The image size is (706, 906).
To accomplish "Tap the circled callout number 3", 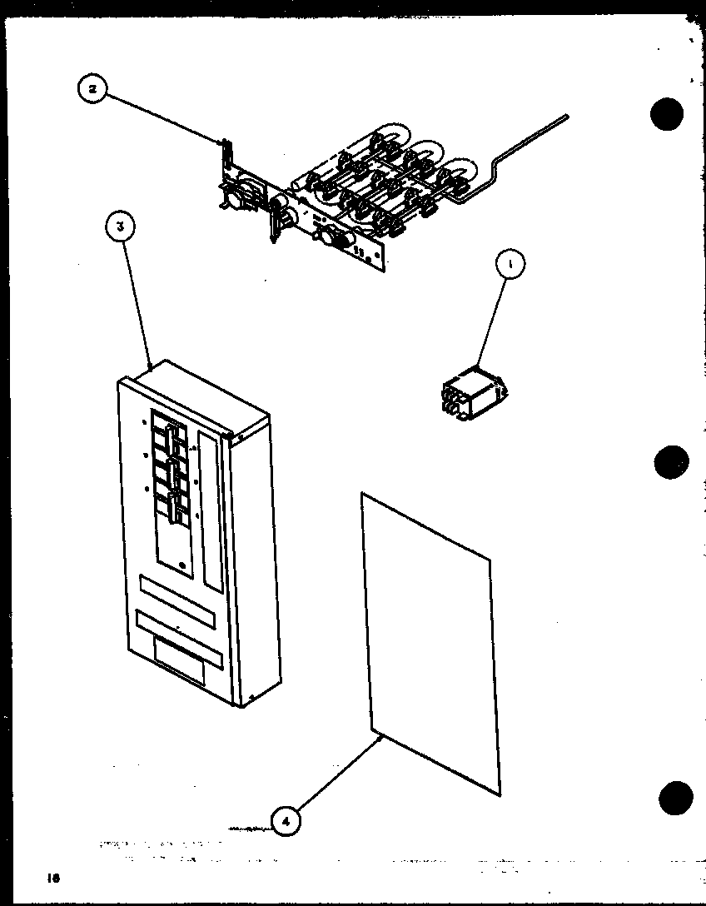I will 122,226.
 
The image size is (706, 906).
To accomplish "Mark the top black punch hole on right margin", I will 668,114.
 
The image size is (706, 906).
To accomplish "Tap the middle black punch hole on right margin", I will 671,460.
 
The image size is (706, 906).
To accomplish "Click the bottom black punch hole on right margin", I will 674,798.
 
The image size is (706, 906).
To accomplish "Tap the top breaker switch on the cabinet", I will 170,436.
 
